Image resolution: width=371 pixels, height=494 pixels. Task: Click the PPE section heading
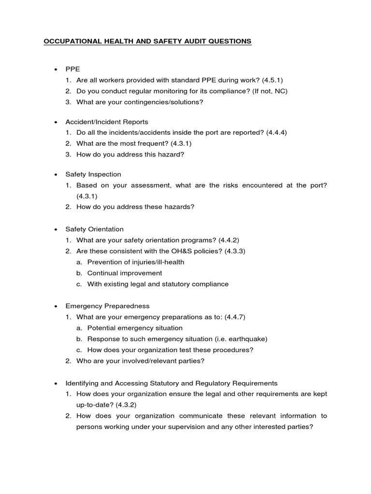click(72, 69)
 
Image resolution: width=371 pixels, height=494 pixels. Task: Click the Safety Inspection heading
click(93, 174)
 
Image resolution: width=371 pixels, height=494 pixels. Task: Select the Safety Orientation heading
click(95, 229)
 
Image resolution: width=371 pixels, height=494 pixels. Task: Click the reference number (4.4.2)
click(229, 240)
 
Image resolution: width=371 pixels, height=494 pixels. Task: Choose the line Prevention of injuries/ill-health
click(136, 262)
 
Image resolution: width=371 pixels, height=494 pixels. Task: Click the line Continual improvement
click(125, 273)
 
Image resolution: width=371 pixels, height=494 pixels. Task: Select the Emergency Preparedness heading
click(107, 306)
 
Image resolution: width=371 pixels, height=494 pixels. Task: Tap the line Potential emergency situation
click(135, 328)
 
